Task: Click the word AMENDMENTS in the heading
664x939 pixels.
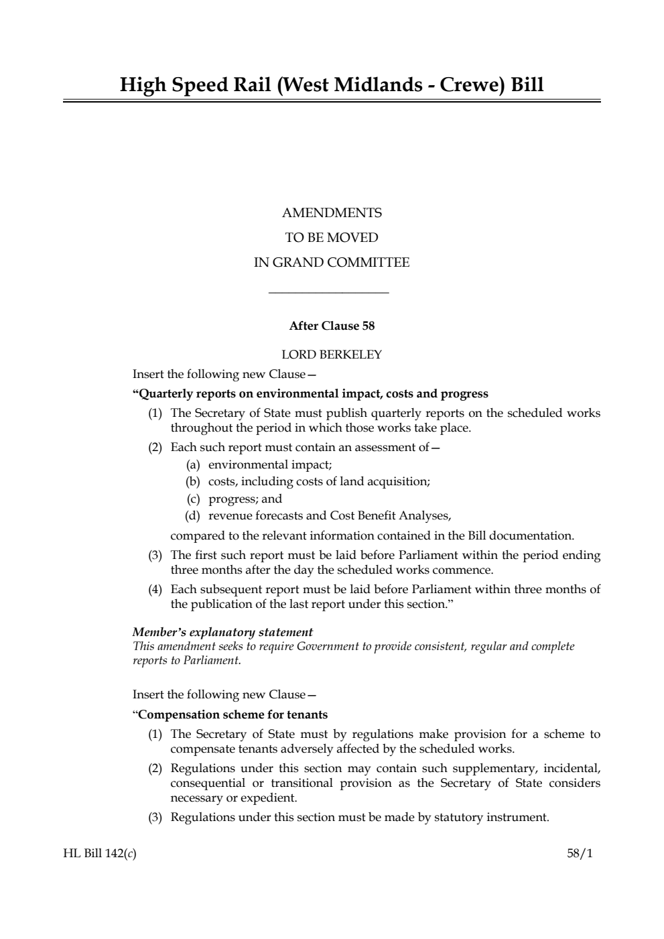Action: click(332, 213)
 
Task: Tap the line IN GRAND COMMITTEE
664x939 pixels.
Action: click(332, 263)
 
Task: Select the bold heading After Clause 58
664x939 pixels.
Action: click(332, 326)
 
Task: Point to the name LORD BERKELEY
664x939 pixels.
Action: click(332, 355)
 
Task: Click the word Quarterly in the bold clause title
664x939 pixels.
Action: click(164, 393)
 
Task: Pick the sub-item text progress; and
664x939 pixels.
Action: click(245, 499)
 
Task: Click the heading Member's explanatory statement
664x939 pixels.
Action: click(222, 632)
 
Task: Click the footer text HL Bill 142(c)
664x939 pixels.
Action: click(94, 854)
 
